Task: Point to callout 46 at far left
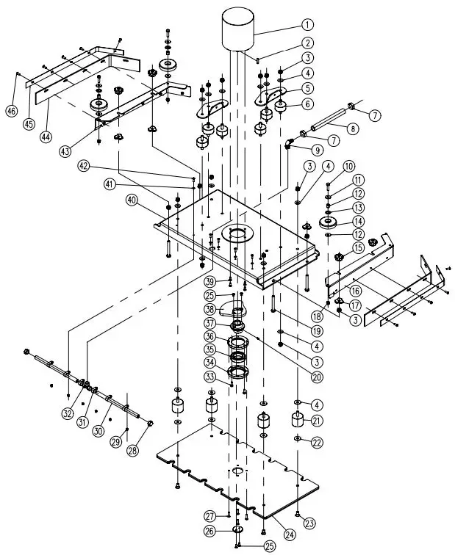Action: point(11,111)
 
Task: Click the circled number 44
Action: point(46,137)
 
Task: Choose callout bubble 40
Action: point(133,200)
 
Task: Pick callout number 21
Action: point(318,421)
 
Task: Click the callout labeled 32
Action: point(68,413)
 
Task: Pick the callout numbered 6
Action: point(307,104)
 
